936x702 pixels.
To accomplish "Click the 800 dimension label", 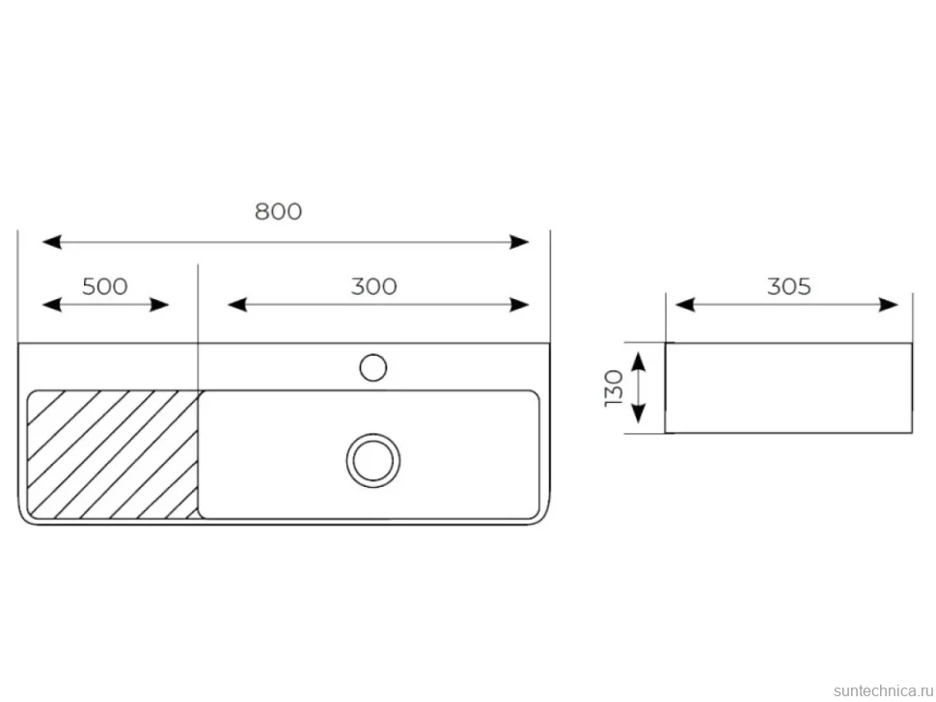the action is click(x=278, y=211).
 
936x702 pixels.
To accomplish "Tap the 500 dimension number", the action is click(x=104, y=286).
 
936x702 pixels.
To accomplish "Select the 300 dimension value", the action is click(x=373, y=286).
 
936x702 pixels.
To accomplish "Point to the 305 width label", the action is click(x=788, y=286).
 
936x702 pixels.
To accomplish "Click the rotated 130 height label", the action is click(x=614, y=389).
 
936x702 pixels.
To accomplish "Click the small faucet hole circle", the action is click(x=373, y=367).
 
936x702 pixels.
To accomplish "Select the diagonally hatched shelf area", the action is click(x=113, y=454).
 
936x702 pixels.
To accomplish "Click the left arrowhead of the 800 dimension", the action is click(x=52, y=242).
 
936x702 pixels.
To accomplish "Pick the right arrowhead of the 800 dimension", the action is click(x=519, y=242).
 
